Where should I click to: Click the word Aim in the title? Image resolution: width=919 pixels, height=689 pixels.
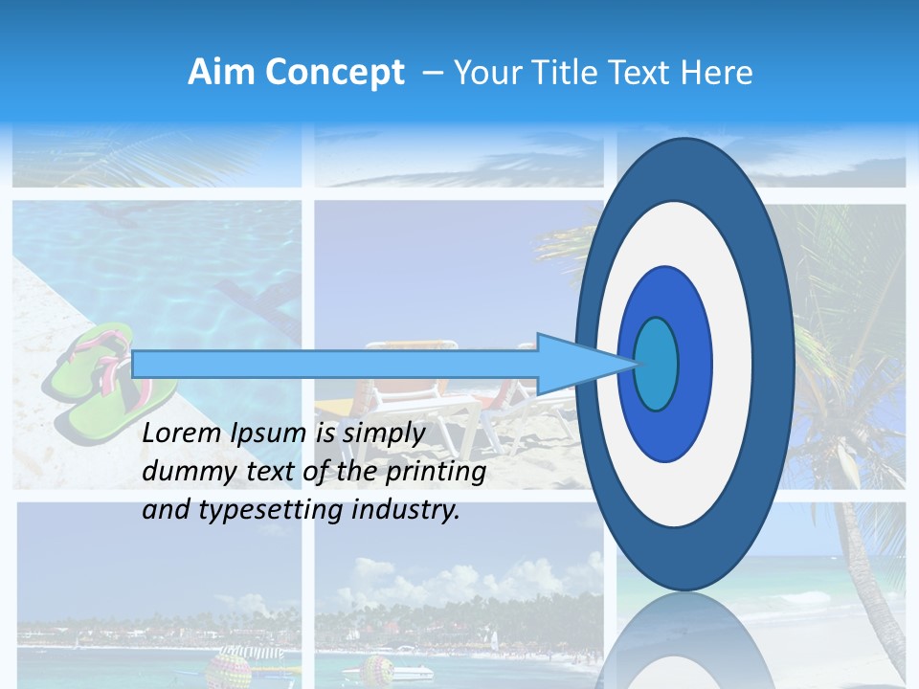pyautogui.click(x=221, y=73)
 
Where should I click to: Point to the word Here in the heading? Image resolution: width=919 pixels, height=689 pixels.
pyautogui.click(x=718, y=73)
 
